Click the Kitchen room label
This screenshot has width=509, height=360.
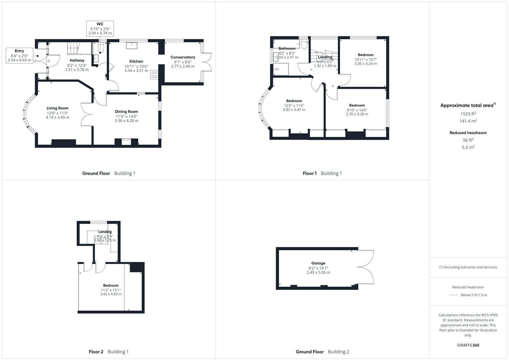point(136,61)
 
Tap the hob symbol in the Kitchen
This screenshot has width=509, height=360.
point(154,75)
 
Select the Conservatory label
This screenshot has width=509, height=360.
point(183,57)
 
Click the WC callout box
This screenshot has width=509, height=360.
point(100,29)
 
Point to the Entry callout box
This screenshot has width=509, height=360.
point(19,56)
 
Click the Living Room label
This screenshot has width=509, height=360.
point(57,108)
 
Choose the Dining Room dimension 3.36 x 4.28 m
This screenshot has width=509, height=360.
point(126,121)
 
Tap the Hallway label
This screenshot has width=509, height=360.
point(77,60)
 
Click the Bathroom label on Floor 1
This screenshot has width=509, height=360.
point(287,49)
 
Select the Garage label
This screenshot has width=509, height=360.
point(318,263)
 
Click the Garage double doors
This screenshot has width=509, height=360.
point(366,267)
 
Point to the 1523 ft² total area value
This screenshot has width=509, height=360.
point(468,114)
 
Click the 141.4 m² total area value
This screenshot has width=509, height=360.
point(468,121)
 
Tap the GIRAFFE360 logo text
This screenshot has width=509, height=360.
point(468,345)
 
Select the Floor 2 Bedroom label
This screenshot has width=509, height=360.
point(111,285)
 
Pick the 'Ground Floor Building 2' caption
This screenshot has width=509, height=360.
point(322,352)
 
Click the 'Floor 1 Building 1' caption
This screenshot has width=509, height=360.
point(322,173)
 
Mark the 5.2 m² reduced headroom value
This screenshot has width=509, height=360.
point(468,147)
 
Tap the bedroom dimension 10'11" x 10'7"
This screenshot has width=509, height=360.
point(366,59)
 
